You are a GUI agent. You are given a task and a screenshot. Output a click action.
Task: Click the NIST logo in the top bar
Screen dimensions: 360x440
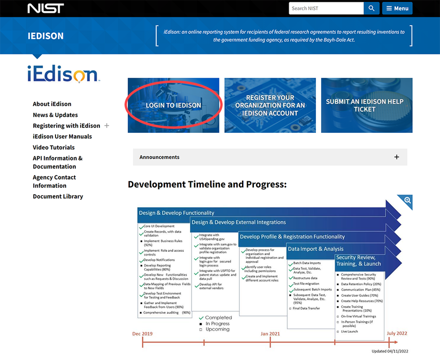(x=45, y=8)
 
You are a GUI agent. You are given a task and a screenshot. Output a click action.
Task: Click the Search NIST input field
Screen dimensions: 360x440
(x=326, y=8)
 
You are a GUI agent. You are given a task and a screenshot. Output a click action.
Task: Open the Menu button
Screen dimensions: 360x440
(x=397, y=8)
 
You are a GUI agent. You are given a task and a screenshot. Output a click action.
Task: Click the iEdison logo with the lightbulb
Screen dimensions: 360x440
(x=62, y=73)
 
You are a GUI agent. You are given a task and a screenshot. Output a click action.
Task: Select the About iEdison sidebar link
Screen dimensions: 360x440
(x=52, y=104)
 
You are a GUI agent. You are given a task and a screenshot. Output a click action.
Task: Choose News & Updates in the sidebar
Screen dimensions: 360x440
(x=55, y=115)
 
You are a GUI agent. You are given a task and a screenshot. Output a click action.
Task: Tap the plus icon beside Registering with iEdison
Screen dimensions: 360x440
(x=107, y=125)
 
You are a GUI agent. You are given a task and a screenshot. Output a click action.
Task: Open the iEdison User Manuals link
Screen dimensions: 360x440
(x=62, y=136)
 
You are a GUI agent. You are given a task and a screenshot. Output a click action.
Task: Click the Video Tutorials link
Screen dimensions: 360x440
(x=54, y=147)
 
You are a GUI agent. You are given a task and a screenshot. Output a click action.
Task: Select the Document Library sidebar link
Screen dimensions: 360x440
(x=58, y=196)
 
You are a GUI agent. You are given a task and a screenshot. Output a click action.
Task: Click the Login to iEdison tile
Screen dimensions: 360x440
(x=173, y=105)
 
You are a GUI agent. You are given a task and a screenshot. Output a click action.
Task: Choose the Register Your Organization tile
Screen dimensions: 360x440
(x=270, y=105)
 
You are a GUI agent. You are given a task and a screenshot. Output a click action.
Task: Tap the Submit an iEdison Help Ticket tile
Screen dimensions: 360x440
(x=367, y=105)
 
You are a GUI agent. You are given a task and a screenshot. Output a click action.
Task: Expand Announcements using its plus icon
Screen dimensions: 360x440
(x=396, y=157)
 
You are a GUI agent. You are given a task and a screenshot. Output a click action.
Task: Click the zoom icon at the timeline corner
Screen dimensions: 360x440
(x=407, y=200)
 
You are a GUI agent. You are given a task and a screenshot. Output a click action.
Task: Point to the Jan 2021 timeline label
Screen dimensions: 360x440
(x=270, y=333)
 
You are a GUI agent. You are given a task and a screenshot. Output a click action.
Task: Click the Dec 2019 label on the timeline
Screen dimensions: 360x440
(x=142, y=333)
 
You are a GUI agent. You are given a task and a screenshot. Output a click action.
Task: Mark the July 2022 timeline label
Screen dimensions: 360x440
(x=397, y=333)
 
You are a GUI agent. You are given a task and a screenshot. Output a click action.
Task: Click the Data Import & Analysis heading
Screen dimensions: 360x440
(x=315, y=249)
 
